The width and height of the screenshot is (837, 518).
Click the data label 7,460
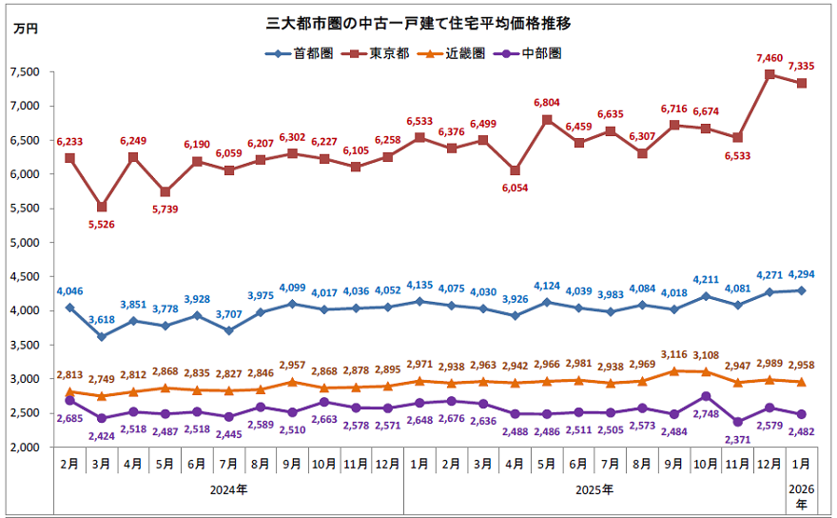click(x=770, y=58)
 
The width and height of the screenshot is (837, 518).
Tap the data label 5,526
click(x=102, y=225)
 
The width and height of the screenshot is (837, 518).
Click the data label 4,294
click(x=802, y=275)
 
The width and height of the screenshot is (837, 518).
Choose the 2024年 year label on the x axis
click(x=228, y=490)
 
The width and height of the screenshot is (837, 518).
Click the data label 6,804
click(x=547, y=103)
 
